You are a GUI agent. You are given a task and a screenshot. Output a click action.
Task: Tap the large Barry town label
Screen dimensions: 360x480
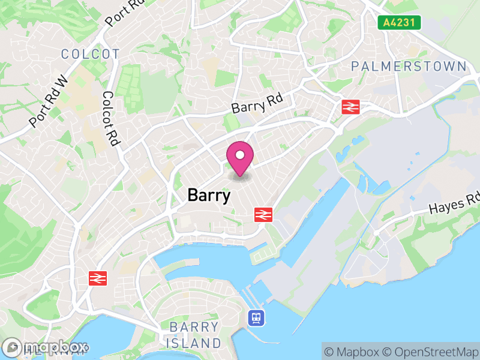click(209, 196)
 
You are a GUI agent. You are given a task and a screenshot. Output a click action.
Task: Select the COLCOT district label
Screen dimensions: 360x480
click(91, 54)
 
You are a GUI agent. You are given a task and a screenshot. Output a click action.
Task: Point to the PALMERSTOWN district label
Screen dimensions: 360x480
click(409, 66)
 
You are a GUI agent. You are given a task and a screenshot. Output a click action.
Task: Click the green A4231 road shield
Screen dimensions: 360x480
click(400, 23)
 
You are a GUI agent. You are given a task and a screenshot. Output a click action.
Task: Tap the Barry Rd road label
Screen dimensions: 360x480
click(257, 103)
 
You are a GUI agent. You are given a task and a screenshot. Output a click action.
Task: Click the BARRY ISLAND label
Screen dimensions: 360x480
click(194, 335)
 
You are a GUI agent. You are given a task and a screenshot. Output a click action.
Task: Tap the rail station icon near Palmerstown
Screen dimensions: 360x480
click(350, 107)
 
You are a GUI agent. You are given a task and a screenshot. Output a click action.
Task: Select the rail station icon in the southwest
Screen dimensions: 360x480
click(97, 278)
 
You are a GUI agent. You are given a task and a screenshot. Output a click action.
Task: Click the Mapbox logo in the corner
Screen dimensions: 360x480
click(45, 347)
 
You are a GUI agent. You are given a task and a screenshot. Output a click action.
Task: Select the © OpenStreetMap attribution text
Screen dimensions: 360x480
click(432, 352)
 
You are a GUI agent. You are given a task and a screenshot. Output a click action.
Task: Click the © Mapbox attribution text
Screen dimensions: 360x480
click(354, 352)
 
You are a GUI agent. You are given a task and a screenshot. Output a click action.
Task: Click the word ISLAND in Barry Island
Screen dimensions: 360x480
click(194, 343)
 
